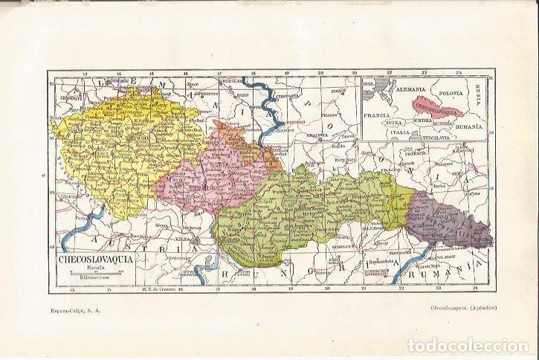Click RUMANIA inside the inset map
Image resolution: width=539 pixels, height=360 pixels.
coord(470,126)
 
